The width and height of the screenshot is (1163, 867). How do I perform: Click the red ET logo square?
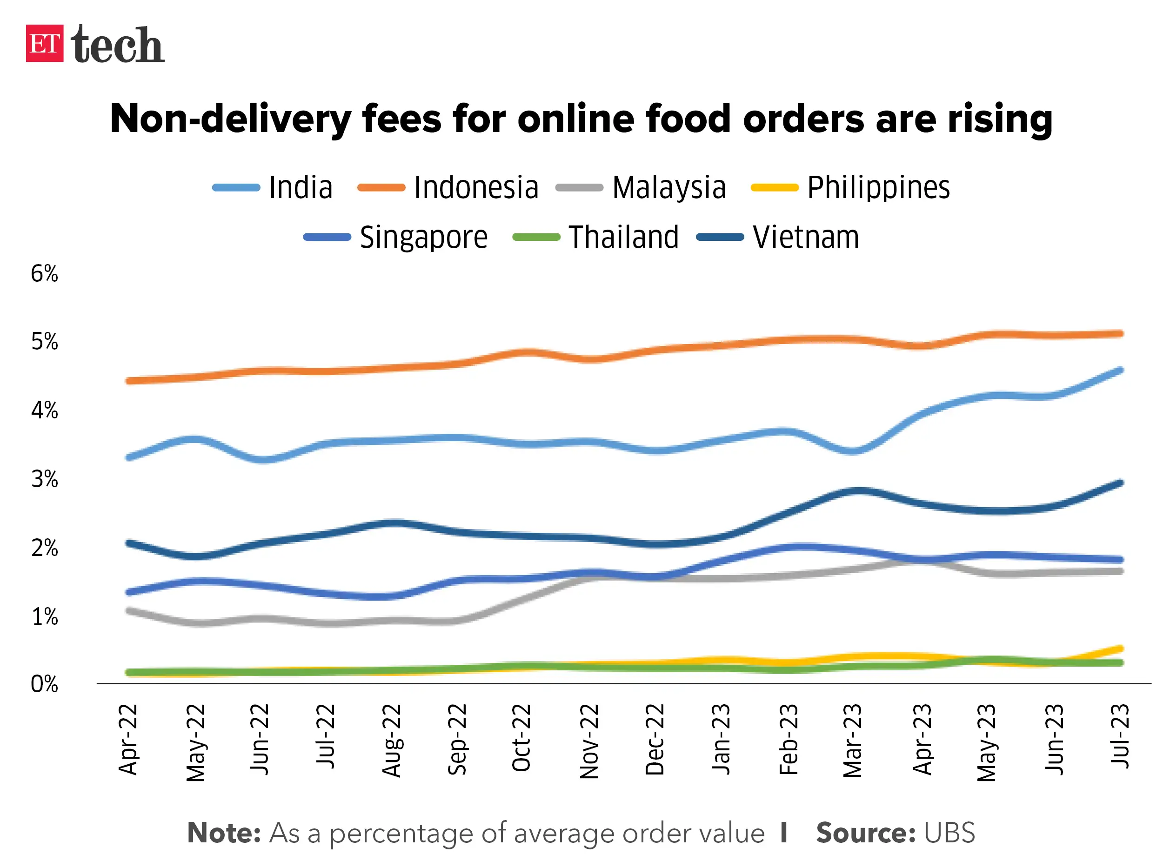pos(45,44)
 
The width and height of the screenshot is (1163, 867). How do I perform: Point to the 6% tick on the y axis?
pos(45,273)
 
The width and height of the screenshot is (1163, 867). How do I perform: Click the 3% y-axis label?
pos(45,479)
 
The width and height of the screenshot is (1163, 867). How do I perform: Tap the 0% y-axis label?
pos(45,684)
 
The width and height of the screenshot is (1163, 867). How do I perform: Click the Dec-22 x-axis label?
pos(655,740)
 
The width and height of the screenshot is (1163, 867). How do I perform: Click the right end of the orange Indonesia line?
pos(1119,334)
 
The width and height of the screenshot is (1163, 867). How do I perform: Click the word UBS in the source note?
pos(949,833)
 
